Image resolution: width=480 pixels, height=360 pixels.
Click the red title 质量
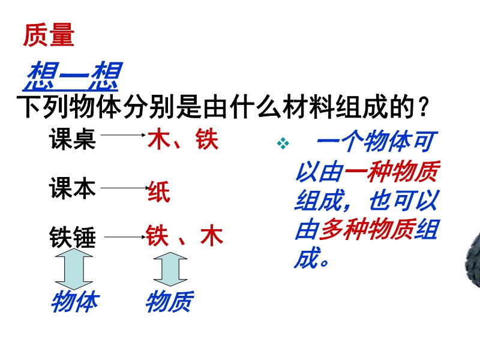click(x=49, y=35)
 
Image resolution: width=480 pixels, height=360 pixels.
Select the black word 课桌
click(x=72, y=139)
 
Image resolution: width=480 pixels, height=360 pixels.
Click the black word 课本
click(x=72, y=188)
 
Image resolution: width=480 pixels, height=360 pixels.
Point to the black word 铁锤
click(x=73, y=237)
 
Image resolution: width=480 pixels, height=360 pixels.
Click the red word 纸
click(x=159, y=191)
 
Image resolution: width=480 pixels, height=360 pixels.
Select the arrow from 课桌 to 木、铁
click(x=123, y=134)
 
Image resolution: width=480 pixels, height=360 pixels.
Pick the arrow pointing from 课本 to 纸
click(x=125, y=188)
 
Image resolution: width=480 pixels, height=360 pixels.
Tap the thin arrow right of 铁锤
click(x=125, y=236)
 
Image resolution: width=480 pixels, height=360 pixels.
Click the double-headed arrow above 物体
click(x=74, y=269)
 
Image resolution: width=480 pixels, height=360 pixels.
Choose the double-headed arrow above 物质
click(x=170, y=269)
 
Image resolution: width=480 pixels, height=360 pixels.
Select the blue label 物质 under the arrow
click(x=170, y=302)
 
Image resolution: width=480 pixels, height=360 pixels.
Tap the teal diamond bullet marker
click(x=283, y=143)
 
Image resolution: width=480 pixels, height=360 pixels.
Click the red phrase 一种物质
click(x=392, y=172)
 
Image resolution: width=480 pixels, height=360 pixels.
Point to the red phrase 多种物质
click(x=367, y=230)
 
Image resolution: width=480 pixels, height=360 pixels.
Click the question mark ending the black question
click(x=424, y=107)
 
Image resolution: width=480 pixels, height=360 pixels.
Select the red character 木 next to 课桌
click(x=159, y=139)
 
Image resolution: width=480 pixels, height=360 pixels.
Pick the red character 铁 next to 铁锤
click(x=157, y=235)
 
